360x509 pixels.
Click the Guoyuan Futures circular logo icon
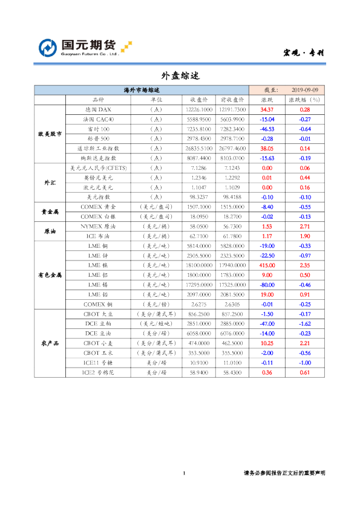48,48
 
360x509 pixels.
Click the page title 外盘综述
180,76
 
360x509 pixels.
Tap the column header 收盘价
199,99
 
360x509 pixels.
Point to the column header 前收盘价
232,99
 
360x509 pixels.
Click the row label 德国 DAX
97,109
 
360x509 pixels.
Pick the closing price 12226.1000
199,109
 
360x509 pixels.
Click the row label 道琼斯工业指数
97,148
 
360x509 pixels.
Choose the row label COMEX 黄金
97,206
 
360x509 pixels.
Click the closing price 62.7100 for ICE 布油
199,236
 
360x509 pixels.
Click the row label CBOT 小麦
97,343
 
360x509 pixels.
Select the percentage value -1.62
304,323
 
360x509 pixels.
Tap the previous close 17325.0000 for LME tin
232,284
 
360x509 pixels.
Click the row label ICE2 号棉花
97,372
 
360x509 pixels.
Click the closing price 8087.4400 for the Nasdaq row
199,158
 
